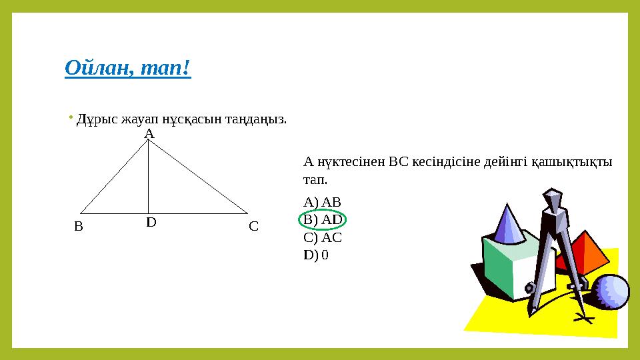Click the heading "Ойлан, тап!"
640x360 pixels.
(128, 67)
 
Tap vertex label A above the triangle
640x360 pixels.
(149, 134)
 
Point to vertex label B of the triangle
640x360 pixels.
(78, 226)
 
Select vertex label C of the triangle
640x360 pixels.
(253, 226)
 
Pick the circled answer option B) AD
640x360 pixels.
(323, 219)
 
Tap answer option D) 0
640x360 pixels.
(315, 255)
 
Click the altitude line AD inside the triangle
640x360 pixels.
(148, 180)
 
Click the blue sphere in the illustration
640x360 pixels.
(611, 291)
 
